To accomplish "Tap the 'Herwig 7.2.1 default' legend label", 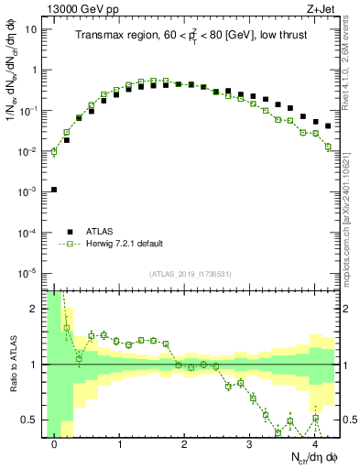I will click(x=123, y=244).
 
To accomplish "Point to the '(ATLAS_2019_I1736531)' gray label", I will click(x=191, y=274).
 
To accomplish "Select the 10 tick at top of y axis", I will click(x=32, y=28).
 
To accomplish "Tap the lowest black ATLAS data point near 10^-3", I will click(x=54, y=190).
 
